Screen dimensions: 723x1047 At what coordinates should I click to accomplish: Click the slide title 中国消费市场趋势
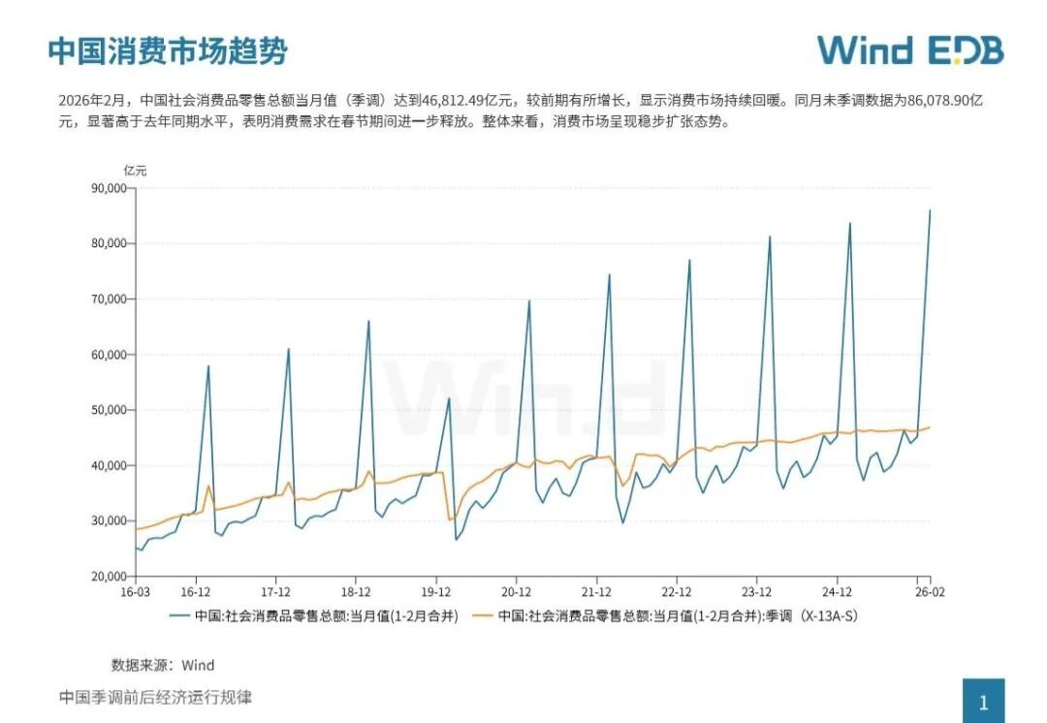[x=167, y=50]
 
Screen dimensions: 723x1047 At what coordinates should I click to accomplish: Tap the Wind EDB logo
[x=909, y=50]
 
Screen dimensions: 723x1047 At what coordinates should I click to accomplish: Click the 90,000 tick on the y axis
[x=106, y=188]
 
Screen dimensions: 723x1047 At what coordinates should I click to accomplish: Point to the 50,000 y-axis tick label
[x=106, y=410]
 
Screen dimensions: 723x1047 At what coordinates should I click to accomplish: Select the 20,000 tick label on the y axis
[x=106, y=577]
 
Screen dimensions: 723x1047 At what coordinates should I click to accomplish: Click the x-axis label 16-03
[x=135, y=591]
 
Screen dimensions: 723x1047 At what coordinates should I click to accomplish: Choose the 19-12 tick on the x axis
[x=436, y=591]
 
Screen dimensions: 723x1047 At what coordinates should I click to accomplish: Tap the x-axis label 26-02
[x=931, y=591]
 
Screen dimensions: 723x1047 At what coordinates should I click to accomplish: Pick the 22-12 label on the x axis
[x=677, y=591]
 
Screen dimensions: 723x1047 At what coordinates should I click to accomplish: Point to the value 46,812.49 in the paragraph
[x=452, y=100]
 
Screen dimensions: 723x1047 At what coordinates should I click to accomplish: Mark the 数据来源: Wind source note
[x=163, y=665]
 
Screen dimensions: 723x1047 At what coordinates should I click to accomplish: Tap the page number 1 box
[x=983, y=702]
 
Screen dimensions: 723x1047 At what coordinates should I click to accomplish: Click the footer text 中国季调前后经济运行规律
[x=155, y=697]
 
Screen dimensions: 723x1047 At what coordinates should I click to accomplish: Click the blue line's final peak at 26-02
[x=931, y=210]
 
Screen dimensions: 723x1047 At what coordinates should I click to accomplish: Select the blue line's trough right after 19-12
[x=456, y=539]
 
